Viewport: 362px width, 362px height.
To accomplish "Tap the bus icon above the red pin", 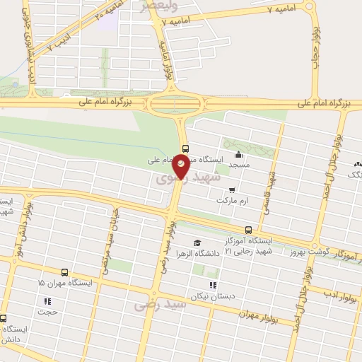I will click(x=185, y=148).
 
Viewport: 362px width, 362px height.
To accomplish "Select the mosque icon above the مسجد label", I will click(x=239, y=155).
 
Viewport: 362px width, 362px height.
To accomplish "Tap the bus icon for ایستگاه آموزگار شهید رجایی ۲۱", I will click(x=248, y=230).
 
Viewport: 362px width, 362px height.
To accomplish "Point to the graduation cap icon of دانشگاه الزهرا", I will click(x=197, y=243).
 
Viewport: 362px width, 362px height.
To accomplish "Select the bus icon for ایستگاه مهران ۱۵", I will click(x=65, y=272).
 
